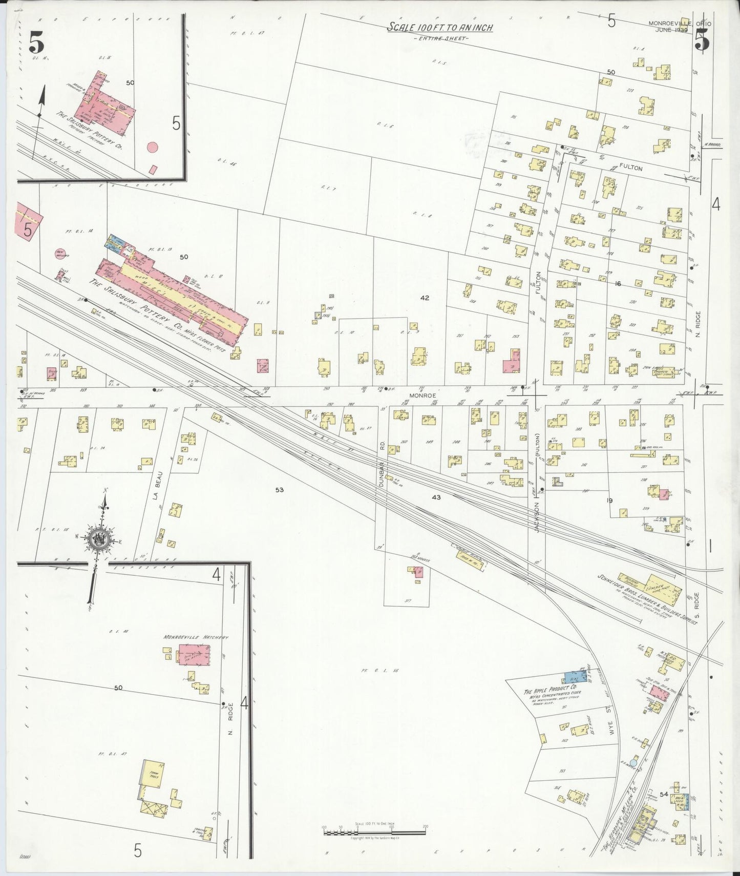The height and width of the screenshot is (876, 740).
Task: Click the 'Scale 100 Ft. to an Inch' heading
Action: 439,27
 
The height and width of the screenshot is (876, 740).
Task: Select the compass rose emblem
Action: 98,539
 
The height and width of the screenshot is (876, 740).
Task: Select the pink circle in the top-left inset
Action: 152,147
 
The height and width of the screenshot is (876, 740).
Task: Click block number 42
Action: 425,298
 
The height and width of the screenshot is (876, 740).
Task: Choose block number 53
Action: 279,490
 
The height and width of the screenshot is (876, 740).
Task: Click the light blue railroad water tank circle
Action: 633,763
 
